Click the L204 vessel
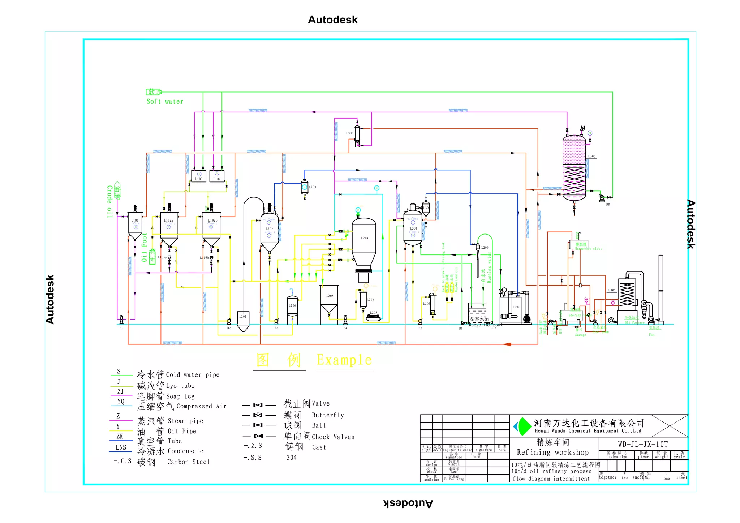tap(364, 242)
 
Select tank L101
tap(135, 224)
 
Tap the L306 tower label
tap(591, 156)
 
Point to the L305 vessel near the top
tap(357, 134)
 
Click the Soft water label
tap(165, 102)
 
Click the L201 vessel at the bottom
tap(243, 320)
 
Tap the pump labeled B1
tap(121, 320)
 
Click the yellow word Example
tap(344, 360)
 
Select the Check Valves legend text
tap(333, 437)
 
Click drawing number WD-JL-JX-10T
tap(643, 444)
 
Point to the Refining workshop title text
tap(552, 452)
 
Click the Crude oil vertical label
tap(109, 201)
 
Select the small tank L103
tap(199, 176)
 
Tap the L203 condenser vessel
tap(305, 187)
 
